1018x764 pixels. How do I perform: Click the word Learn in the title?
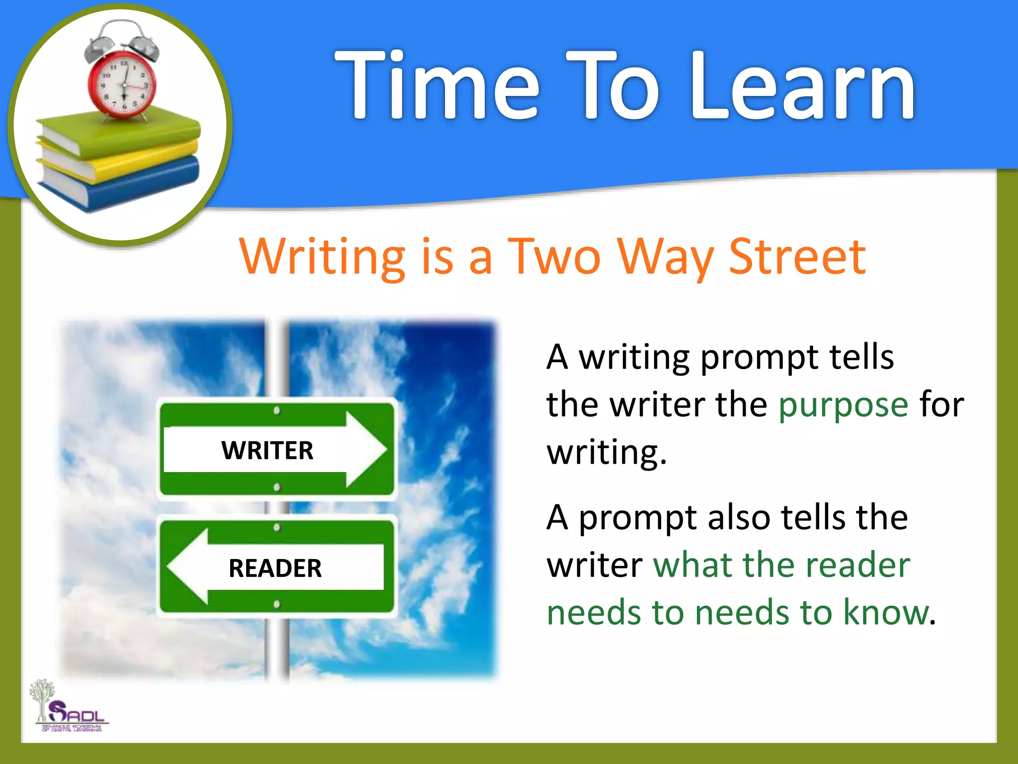pos(802,86)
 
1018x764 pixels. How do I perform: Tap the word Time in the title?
pos(437,86)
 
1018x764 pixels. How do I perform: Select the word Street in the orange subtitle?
pos(797,257)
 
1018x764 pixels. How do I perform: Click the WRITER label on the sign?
pos(267,451)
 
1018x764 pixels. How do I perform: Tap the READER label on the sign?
pos(275,568)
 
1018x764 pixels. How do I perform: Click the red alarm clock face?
pos(123,85)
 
